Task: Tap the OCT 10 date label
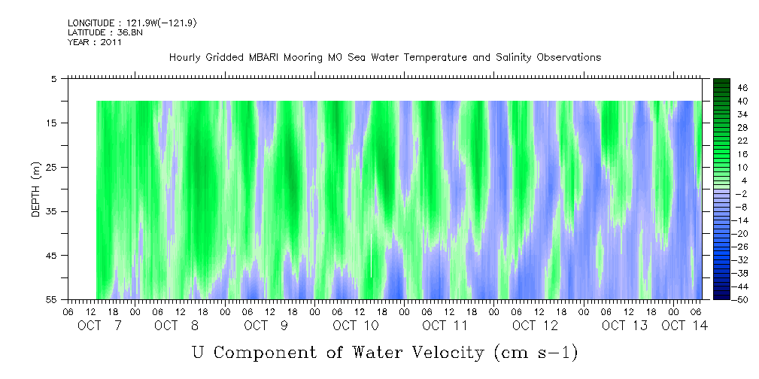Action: click(x=355, y=326)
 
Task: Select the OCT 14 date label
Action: click(x=685, y=326)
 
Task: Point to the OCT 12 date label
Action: click(x=535, y=326)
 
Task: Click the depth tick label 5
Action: click(x=54, y=78)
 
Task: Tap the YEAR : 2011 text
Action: click(x=95, y=42)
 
